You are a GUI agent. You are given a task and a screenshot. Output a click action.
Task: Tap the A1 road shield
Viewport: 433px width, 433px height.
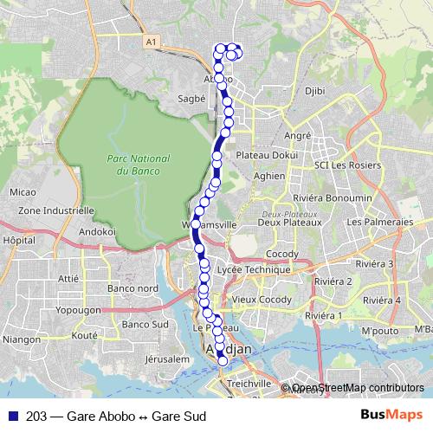[152, 41]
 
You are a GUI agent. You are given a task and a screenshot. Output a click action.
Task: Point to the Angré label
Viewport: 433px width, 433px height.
[297, 136]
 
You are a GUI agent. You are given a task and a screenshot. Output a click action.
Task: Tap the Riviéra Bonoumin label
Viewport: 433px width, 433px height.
[339, 197]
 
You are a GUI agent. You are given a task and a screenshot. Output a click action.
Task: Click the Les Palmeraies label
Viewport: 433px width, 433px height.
[379, 222]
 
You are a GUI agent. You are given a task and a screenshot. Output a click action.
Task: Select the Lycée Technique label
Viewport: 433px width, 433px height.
[255, 269]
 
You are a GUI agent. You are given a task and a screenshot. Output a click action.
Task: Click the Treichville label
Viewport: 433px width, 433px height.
[247, 382]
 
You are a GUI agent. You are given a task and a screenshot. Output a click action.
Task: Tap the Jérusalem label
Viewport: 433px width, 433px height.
[167, 358]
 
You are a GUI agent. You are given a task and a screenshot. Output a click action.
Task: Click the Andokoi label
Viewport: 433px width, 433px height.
[97, 231]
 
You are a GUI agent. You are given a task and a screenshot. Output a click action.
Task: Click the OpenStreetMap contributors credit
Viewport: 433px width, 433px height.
[357, 388]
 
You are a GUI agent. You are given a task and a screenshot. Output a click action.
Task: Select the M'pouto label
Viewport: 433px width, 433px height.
[378, 331]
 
